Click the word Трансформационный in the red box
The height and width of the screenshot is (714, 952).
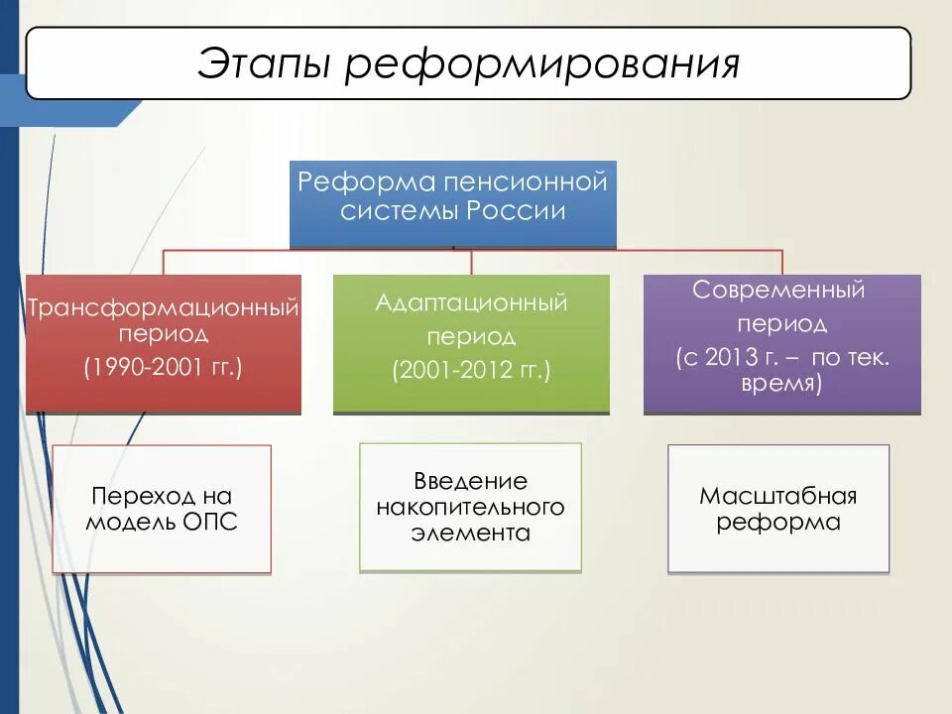(x=164, y=308)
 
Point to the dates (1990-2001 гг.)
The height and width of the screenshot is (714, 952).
(x=164, y=367)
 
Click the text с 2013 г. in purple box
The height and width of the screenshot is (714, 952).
(x=730, y=357)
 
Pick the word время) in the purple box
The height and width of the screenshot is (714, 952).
(x=781, y=384)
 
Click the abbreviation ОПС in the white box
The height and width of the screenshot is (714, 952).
(x=210, y=523)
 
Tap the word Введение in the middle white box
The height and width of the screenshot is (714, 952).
(x=471, y=482)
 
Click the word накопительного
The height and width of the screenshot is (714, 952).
(x=471, y=508)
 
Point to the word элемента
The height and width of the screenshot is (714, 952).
(x=471, y=534)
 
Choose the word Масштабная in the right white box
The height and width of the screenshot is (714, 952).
(x=778, y=496)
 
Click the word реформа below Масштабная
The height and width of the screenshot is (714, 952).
(x=778, y=523)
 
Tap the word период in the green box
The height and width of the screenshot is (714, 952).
(x=471, y=336)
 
